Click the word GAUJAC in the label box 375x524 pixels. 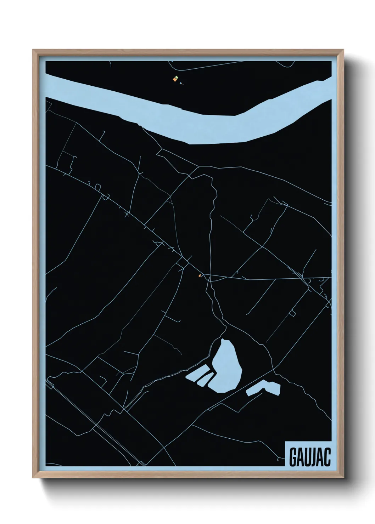[310, 457]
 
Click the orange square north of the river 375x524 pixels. [174, 80]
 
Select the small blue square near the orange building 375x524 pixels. [181, 84]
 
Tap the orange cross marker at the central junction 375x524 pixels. [200, 275]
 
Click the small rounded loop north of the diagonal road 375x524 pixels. [105, 197]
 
